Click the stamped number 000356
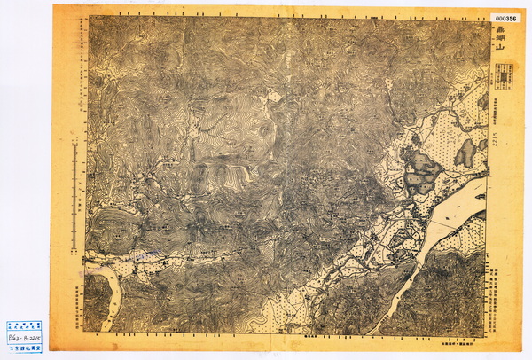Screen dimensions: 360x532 click(x=505, y=17)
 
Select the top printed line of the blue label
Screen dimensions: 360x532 click(x=24, y=325)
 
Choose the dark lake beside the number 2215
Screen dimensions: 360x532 click(x=466, y=153)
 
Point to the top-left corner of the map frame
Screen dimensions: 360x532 click(x=88, y=17)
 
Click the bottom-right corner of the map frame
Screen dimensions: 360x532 click(x=486, y=334)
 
